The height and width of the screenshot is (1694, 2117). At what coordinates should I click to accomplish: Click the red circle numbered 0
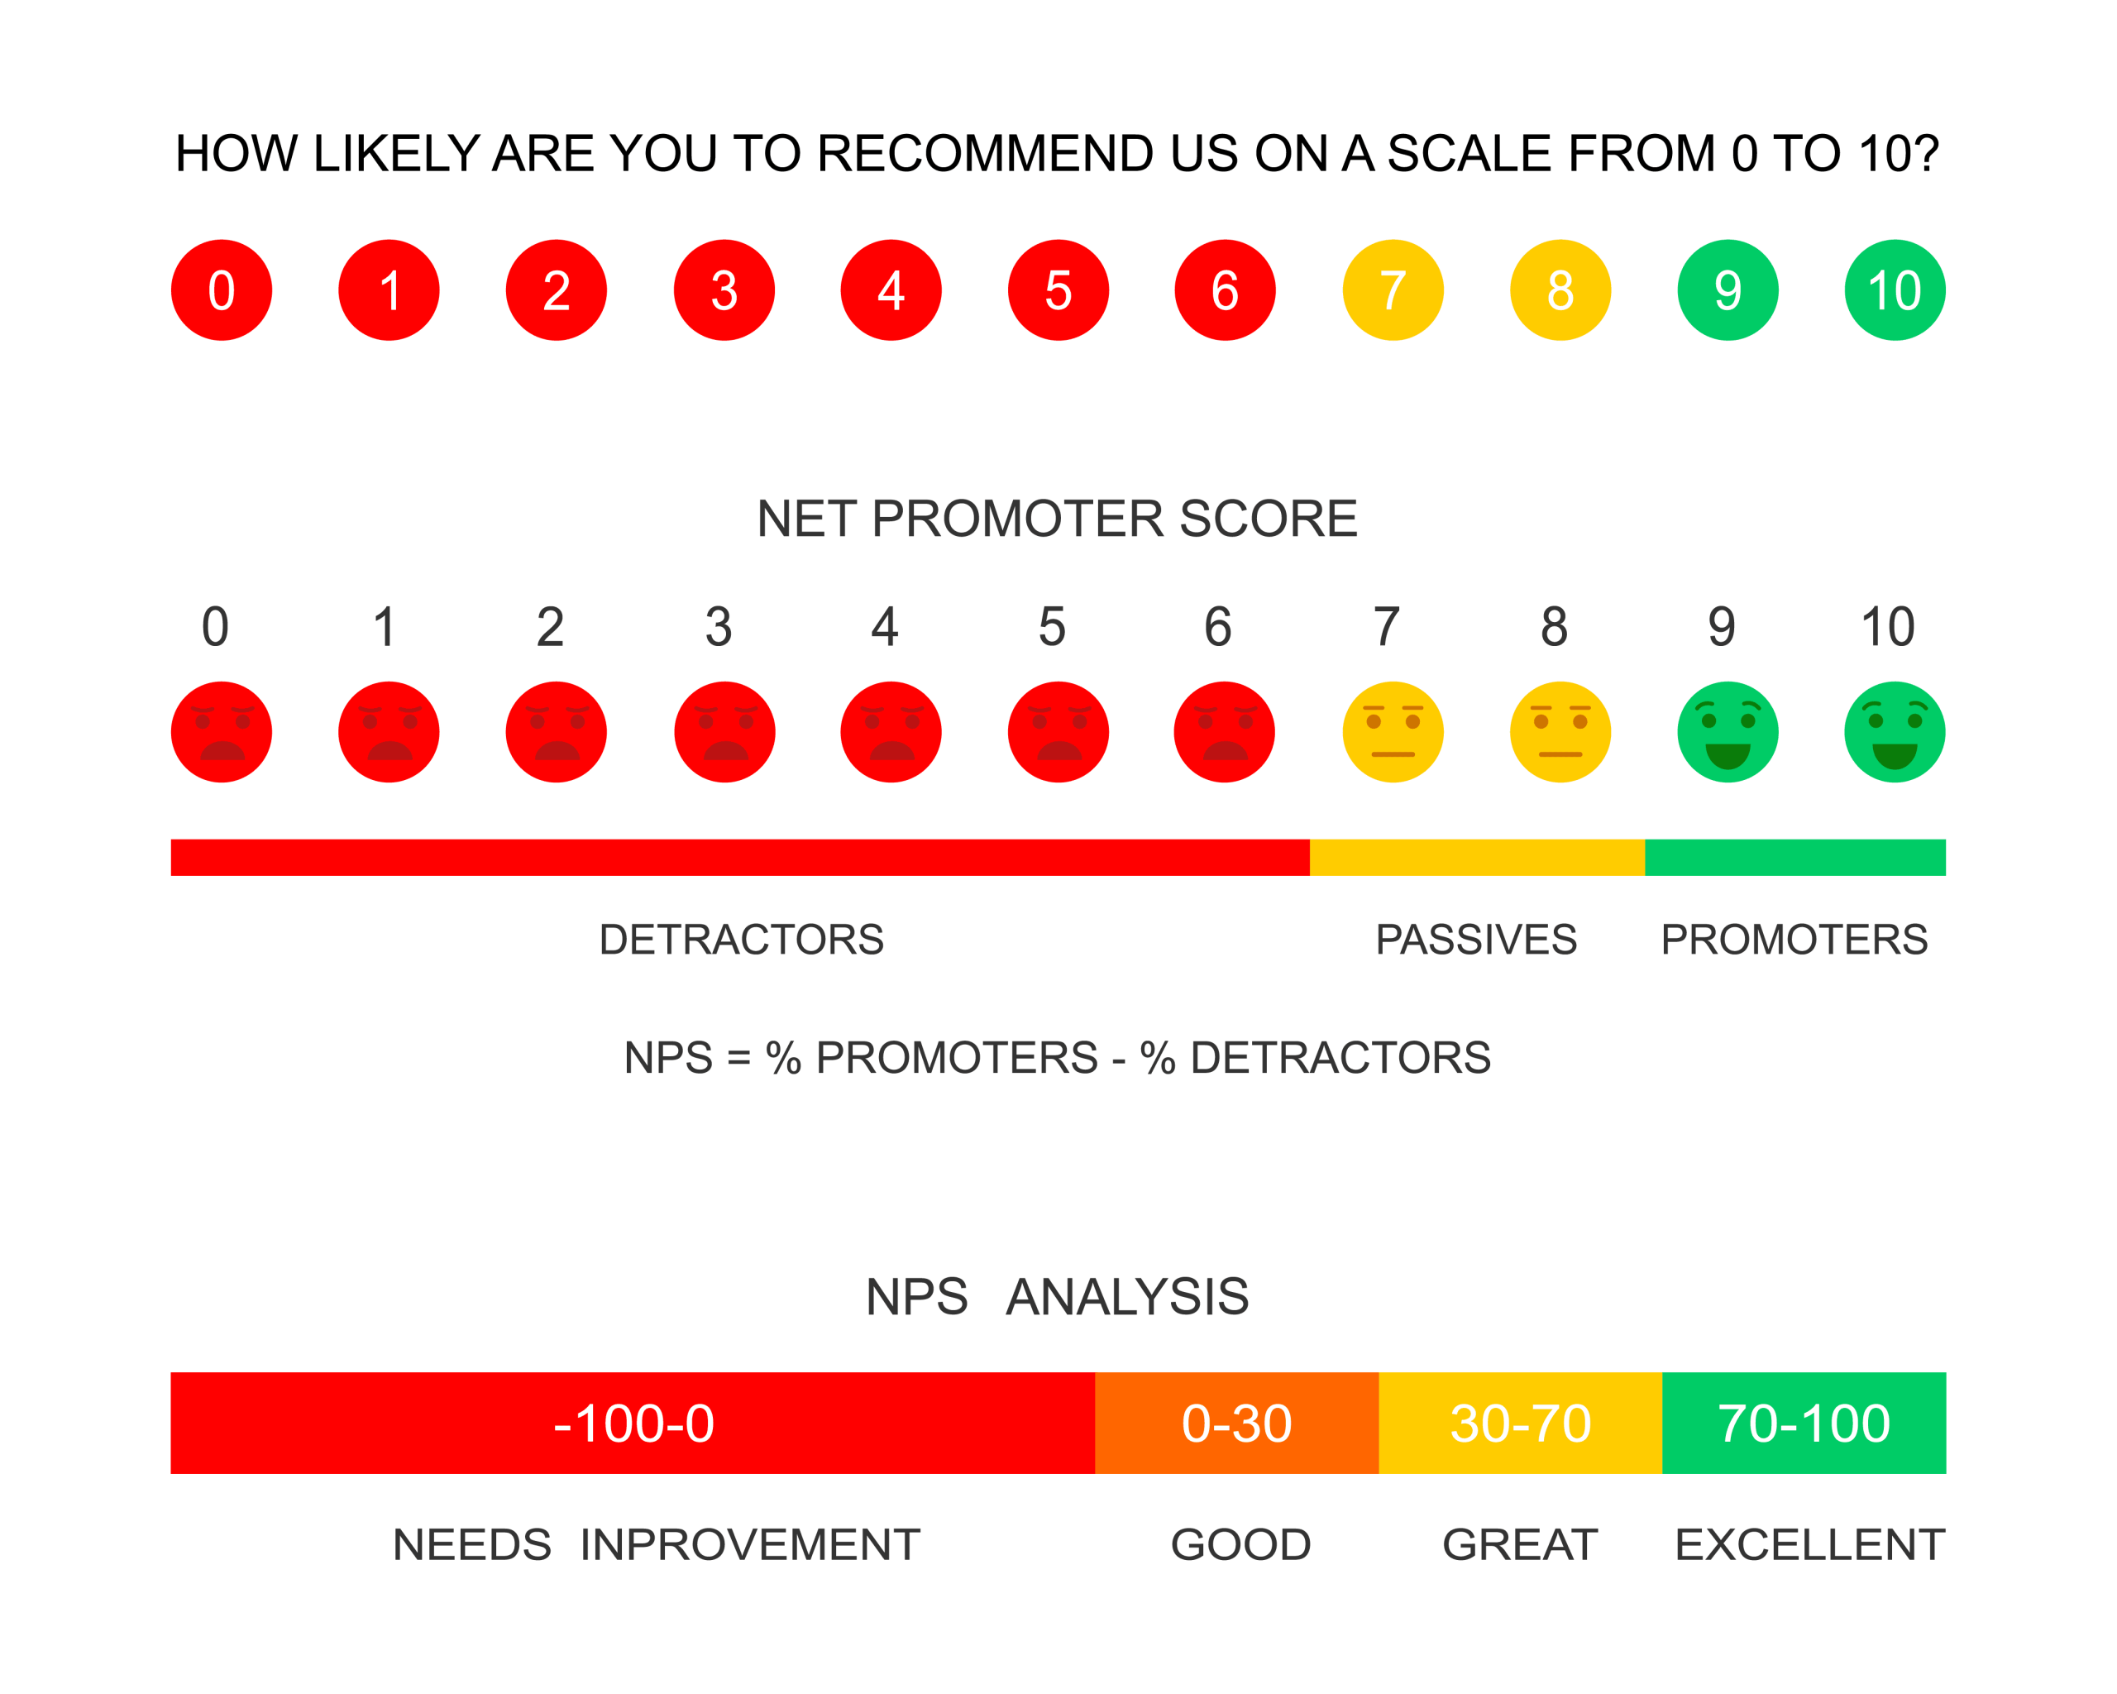(221, 290)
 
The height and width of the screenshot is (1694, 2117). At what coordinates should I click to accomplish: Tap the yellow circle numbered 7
(1393, 290)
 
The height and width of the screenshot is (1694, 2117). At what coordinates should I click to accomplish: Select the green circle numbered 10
(1894, 290)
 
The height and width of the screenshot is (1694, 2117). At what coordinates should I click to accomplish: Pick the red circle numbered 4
(891, 290)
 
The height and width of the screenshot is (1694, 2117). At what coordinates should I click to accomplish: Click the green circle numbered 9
(1728, 290)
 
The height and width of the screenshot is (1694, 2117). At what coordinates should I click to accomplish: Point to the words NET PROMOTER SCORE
(1057, 519)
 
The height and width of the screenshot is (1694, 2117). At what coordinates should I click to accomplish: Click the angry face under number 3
(724, 731)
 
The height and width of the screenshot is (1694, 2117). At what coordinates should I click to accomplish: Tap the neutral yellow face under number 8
(1560, 731)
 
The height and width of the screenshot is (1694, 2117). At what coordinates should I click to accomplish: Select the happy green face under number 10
(1894, 731)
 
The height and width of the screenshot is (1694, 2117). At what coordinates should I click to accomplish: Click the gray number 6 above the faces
(1217, 626)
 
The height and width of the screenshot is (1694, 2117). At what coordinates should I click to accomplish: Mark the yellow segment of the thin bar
(1477, 856)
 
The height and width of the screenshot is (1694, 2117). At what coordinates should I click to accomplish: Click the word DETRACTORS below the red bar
(741, 940)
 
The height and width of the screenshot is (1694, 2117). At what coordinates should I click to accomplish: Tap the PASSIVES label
(1476, 940)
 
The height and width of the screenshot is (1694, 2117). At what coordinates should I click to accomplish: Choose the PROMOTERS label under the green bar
(1794, 940)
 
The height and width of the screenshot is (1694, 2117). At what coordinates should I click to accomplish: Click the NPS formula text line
(1057, 1058)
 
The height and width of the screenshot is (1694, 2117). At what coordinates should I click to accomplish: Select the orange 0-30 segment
(1236, 1422)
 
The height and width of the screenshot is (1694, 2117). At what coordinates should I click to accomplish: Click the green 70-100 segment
(1804, 1422)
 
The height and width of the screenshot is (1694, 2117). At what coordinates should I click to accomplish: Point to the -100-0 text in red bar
(633, 1423)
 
